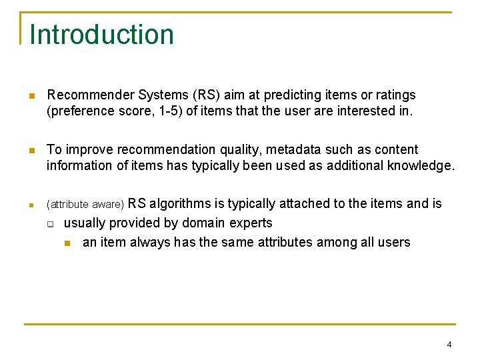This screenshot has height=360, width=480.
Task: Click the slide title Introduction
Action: point(101,35)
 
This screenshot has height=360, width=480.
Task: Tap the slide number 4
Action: point(449,345)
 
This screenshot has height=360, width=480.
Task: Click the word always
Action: point(147,243)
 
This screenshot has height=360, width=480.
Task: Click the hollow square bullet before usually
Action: point(49,224)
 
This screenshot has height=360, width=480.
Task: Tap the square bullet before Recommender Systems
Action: point(31,96)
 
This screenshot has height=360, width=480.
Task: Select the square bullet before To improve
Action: point(31,151)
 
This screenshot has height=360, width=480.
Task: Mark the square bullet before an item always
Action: point(67,243)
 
